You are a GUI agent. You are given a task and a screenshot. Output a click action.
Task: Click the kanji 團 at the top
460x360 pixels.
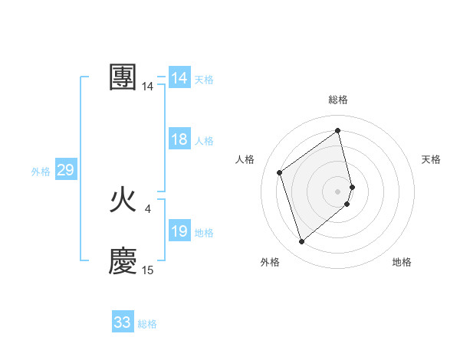(123, 77)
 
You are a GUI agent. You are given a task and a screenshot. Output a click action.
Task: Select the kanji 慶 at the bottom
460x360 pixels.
(123, 260)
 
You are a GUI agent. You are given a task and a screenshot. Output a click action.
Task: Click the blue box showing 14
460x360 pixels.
(179, 78)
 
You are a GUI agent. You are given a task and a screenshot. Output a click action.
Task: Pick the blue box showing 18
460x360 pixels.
(179, 139)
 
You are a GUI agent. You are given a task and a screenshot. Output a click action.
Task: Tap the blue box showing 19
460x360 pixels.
(179, 231)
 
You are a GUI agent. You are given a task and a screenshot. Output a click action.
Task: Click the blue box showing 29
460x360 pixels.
(65, 170)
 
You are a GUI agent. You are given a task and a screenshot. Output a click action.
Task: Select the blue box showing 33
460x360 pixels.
(123, 322)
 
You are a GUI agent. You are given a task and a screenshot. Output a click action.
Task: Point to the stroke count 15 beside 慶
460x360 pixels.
(147, 270)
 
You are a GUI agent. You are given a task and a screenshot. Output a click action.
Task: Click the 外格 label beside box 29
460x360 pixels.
(41, 172)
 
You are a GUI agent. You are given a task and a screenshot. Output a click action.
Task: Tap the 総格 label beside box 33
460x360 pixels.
(147, 324)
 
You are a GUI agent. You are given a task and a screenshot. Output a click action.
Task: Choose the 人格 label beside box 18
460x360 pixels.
(204, 141)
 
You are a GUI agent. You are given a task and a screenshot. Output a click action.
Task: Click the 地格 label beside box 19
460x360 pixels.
(204, 233)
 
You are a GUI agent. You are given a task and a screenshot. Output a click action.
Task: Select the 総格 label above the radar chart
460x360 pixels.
(338, 100)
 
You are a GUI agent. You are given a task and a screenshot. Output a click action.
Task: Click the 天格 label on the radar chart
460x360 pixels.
(432, 159)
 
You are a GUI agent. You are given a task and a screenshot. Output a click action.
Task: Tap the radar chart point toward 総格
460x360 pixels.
(338, 130)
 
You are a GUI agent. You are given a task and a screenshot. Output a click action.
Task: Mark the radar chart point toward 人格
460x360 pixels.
(280, 172)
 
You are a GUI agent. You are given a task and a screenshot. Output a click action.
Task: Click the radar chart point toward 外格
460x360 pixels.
(301, 242)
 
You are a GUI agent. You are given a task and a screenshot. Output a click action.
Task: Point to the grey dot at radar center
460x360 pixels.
(338, 190)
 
